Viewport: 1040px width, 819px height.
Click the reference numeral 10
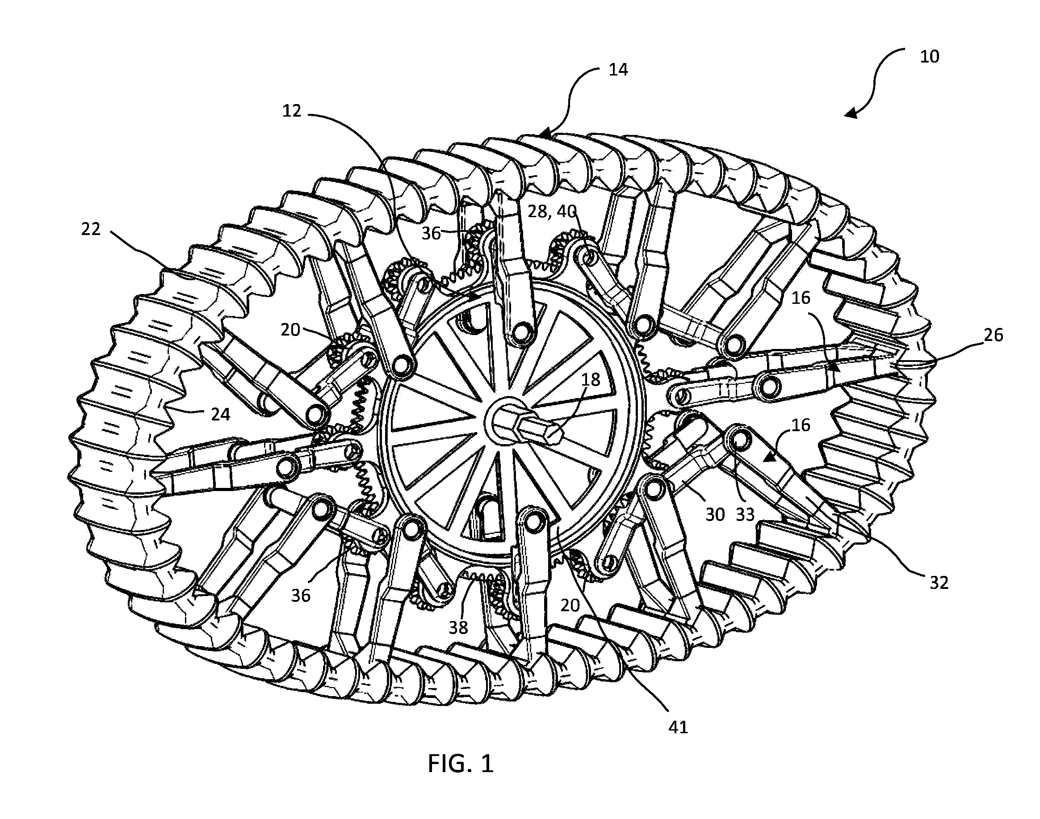tap(929, 57)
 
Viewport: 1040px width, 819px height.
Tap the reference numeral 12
tap(292, 111)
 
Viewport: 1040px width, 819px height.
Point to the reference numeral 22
tap(91, 229)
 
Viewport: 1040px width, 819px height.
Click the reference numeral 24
tap(220, 414)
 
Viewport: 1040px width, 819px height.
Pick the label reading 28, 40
tap(552, 211)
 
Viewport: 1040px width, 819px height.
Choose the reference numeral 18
tap(590, 380)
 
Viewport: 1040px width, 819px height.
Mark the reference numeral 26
tap(993, 335)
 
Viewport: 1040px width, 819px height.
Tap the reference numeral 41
tap(678, 727)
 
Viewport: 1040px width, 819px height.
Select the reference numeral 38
tap(458, 627)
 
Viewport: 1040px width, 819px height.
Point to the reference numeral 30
tap(715, 515)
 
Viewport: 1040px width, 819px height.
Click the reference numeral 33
tap(745, 515)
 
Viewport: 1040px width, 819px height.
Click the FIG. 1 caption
tap(460, 764)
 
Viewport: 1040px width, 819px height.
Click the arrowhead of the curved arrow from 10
tap(851, 113)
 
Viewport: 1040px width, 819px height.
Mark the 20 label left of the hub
tap(290, 330)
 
